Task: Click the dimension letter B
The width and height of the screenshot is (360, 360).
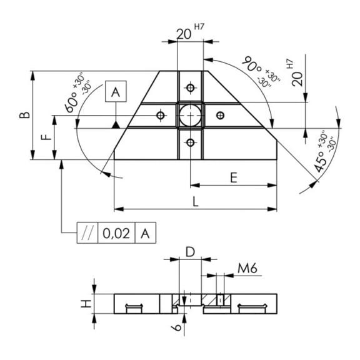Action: [24, 115]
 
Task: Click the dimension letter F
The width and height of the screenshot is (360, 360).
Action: [46, 137]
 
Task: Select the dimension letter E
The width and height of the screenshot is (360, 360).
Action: [234, 177]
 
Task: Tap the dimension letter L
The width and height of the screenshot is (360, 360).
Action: [196, 202]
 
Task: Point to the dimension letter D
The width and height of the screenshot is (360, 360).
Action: [190, 252]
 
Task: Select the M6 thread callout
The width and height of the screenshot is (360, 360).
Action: [247, 268]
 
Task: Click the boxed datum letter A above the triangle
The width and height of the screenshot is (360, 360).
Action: [116, 91]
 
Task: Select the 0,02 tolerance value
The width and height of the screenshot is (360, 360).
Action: [116, 233]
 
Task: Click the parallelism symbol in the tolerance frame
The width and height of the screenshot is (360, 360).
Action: [87, 233]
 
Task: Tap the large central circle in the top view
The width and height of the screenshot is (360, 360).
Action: [191, 115]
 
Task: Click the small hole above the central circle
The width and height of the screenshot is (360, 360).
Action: [191, 87]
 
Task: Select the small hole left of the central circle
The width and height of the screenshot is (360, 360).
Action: [161, 115]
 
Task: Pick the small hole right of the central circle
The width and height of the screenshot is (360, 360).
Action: [221, 115]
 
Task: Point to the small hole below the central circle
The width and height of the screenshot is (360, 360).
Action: [191, 142]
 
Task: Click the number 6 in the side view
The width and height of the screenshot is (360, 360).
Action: [177, 327]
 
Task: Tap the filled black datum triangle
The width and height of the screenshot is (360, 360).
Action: [116, 125]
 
